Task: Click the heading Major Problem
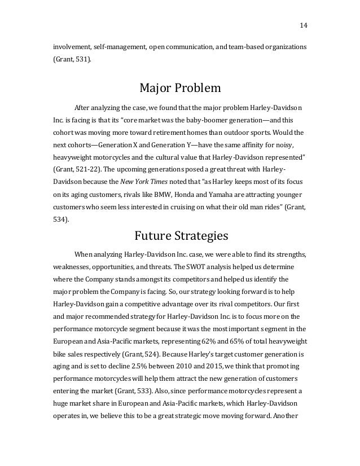pyautogui.click(x=179, y=89)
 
